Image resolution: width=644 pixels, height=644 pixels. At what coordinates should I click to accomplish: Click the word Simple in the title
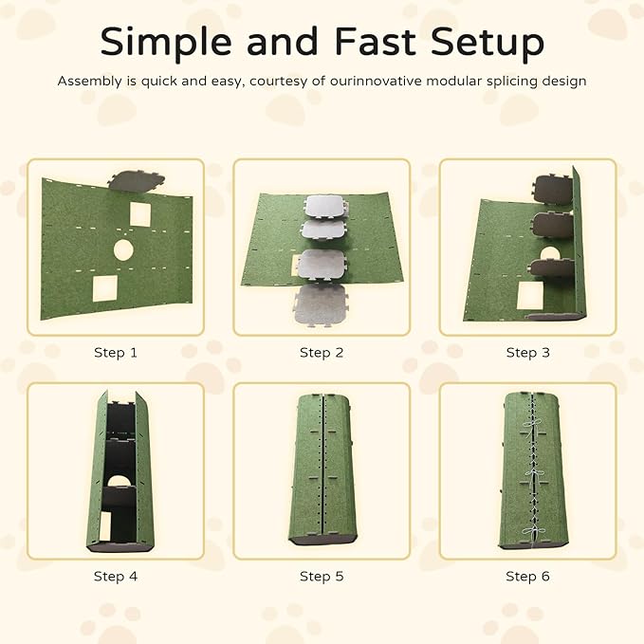166,43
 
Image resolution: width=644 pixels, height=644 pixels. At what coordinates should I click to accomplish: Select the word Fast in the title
375,41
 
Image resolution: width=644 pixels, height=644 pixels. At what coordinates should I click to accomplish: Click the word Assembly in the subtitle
89,82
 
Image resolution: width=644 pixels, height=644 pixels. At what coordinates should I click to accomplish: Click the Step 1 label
116,353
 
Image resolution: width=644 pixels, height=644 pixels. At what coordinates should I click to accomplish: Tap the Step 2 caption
322,353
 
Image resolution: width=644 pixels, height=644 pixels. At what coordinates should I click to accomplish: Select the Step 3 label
527,353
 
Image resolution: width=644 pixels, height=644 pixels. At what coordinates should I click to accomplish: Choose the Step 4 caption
116,577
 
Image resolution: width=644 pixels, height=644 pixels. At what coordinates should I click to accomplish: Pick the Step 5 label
322,577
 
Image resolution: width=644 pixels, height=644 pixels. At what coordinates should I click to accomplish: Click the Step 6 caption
527,577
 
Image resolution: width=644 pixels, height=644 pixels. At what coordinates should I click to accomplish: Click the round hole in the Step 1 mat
123,250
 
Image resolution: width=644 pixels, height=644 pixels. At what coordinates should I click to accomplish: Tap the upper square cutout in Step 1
140,214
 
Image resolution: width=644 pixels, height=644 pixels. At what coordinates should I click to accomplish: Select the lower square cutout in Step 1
105,288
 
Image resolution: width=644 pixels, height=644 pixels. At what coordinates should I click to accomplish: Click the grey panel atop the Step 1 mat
137,180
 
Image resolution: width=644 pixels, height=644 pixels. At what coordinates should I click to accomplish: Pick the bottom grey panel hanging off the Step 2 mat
320,306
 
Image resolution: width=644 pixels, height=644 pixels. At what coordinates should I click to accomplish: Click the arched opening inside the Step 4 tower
119,481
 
